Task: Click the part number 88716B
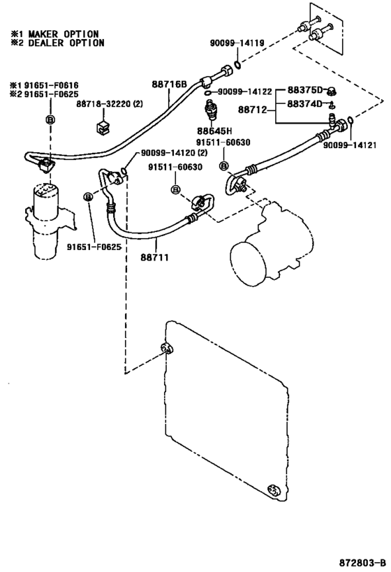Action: click(x=169, y=85)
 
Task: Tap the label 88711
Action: click(x=155, y=258)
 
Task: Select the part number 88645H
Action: click(x=214, y=131)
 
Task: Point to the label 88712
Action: click(x=252, y=109)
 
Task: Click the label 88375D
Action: click(x=305, y=90)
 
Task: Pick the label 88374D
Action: click(x=305, y=104)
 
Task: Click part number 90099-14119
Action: click(x=237, y=43)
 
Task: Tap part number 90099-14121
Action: click(x=349, y=145)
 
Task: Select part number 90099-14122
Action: click(x=245, y=91)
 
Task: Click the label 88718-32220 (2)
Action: click(x=110, y=104)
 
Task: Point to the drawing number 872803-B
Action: click(x=362, y=562)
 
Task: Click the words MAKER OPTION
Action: click(x=64, y=34)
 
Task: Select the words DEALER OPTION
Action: click(x=66, y=43)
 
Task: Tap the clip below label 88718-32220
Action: click(x=102, y=126)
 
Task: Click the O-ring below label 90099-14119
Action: click(x=237, y=65)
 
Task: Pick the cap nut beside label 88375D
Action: click(x=332, y=91)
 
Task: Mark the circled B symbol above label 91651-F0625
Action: click(x=88, y=197)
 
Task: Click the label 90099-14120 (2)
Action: click(x=174, y=152)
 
